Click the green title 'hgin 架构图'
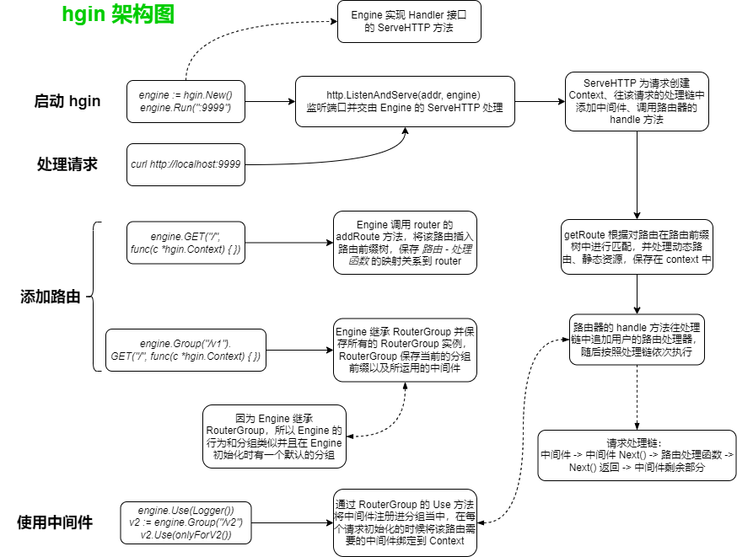coord(118,15)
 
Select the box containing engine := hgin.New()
coord(186,102)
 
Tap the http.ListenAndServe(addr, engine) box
coord(404,101)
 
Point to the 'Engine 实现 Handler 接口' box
coord(409,22)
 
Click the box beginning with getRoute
coord(637,247)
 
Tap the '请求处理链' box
coord(637,455)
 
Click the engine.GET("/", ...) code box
coord(186,242)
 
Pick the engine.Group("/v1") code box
coord(186,351)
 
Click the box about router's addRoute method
coord(405,243)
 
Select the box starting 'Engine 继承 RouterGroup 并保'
coord(405,350)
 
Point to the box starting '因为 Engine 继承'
coord(274,436)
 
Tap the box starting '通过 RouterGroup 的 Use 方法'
coord(405,522)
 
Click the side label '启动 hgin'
coord(67,102)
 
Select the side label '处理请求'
coord(67,164)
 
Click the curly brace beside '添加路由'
coord(95,297)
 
